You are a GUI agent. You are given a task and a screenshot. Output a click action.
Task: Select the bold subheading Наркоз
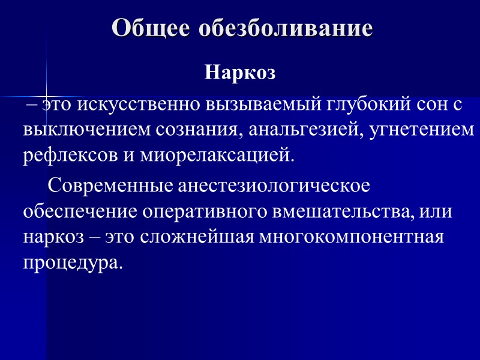click(x=240, y=73)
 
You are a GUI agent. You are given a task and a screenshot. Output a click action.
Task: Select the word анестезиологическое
click(x=273, y=187)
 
